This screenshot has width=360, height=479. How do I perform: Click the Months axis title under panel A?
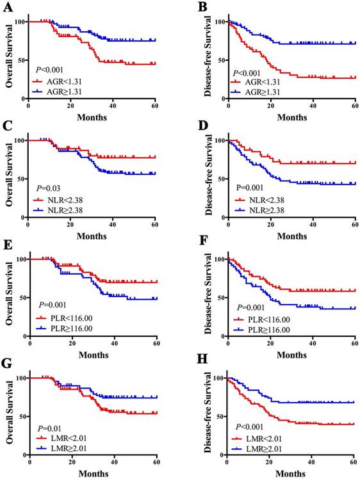(91, 117)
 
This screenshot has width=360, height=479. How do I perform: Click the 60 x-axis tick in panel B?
(354, 104)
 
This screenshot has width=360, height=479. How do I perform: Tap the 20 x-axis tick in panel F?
(270, 341)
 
